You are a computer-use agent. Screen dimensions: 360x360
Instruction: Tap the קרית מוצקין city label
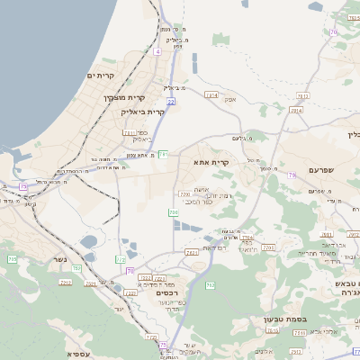pos(124,96)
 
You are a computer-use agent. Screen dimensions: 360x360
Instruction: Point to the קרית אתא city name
pos(211,162)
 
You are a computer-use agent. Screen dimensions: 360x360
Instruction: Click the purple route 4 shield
pos(157,52)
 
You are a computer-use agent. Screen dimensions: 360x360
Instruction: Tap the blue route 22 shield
pos(170,103)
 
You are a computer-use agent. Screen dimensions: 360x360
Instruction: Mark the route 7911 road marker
pos(130,132)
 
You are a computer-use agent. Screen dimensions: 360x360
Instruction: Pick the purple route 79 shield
pos(292,175)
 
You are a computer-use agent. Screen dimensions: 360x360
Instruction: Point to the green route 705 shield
pos(13,259)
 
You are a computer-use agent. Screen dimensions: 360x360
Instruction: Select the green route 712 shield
pos(210,285)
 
